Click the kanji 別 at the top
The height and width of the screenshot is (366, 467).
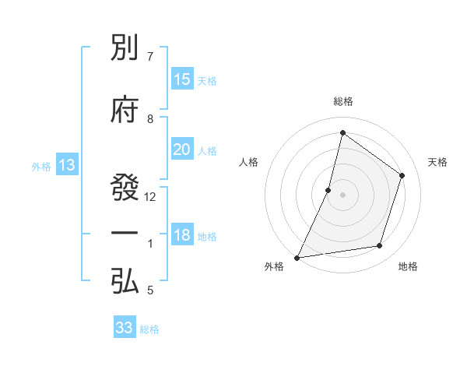(125, 52)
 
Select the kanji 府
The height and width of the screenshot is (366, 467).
(125, 111)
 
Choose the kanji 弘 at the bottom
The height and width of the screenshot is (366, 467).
(125, 282)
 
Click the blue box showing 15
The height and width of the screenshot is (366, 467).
(182, 79)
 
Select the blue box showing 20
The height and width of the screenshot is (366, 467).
(182, 150)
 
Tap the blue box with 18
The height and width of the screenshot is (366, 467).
(182, 236)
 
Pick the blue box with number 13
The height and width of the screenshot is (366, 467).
(66, 165)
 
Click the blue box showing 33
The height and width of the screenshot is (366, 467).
(125, 328)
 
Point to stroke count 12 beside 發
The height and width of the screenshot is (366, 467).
(151, 197)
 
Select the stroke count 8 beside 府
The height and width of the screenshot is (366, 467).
(150, 119)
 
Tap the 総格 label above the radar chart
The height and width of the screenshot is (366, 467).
(343, 101)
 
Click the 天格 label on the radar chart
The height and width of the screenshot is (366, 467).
(437, 162)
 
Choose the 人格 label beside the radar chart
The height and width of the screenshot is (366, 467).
(248, 162)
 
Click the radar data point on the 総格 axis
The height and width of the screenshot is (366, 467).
(342, 132)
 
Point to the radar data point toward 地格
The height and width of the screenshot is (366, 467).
(380, 246)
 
